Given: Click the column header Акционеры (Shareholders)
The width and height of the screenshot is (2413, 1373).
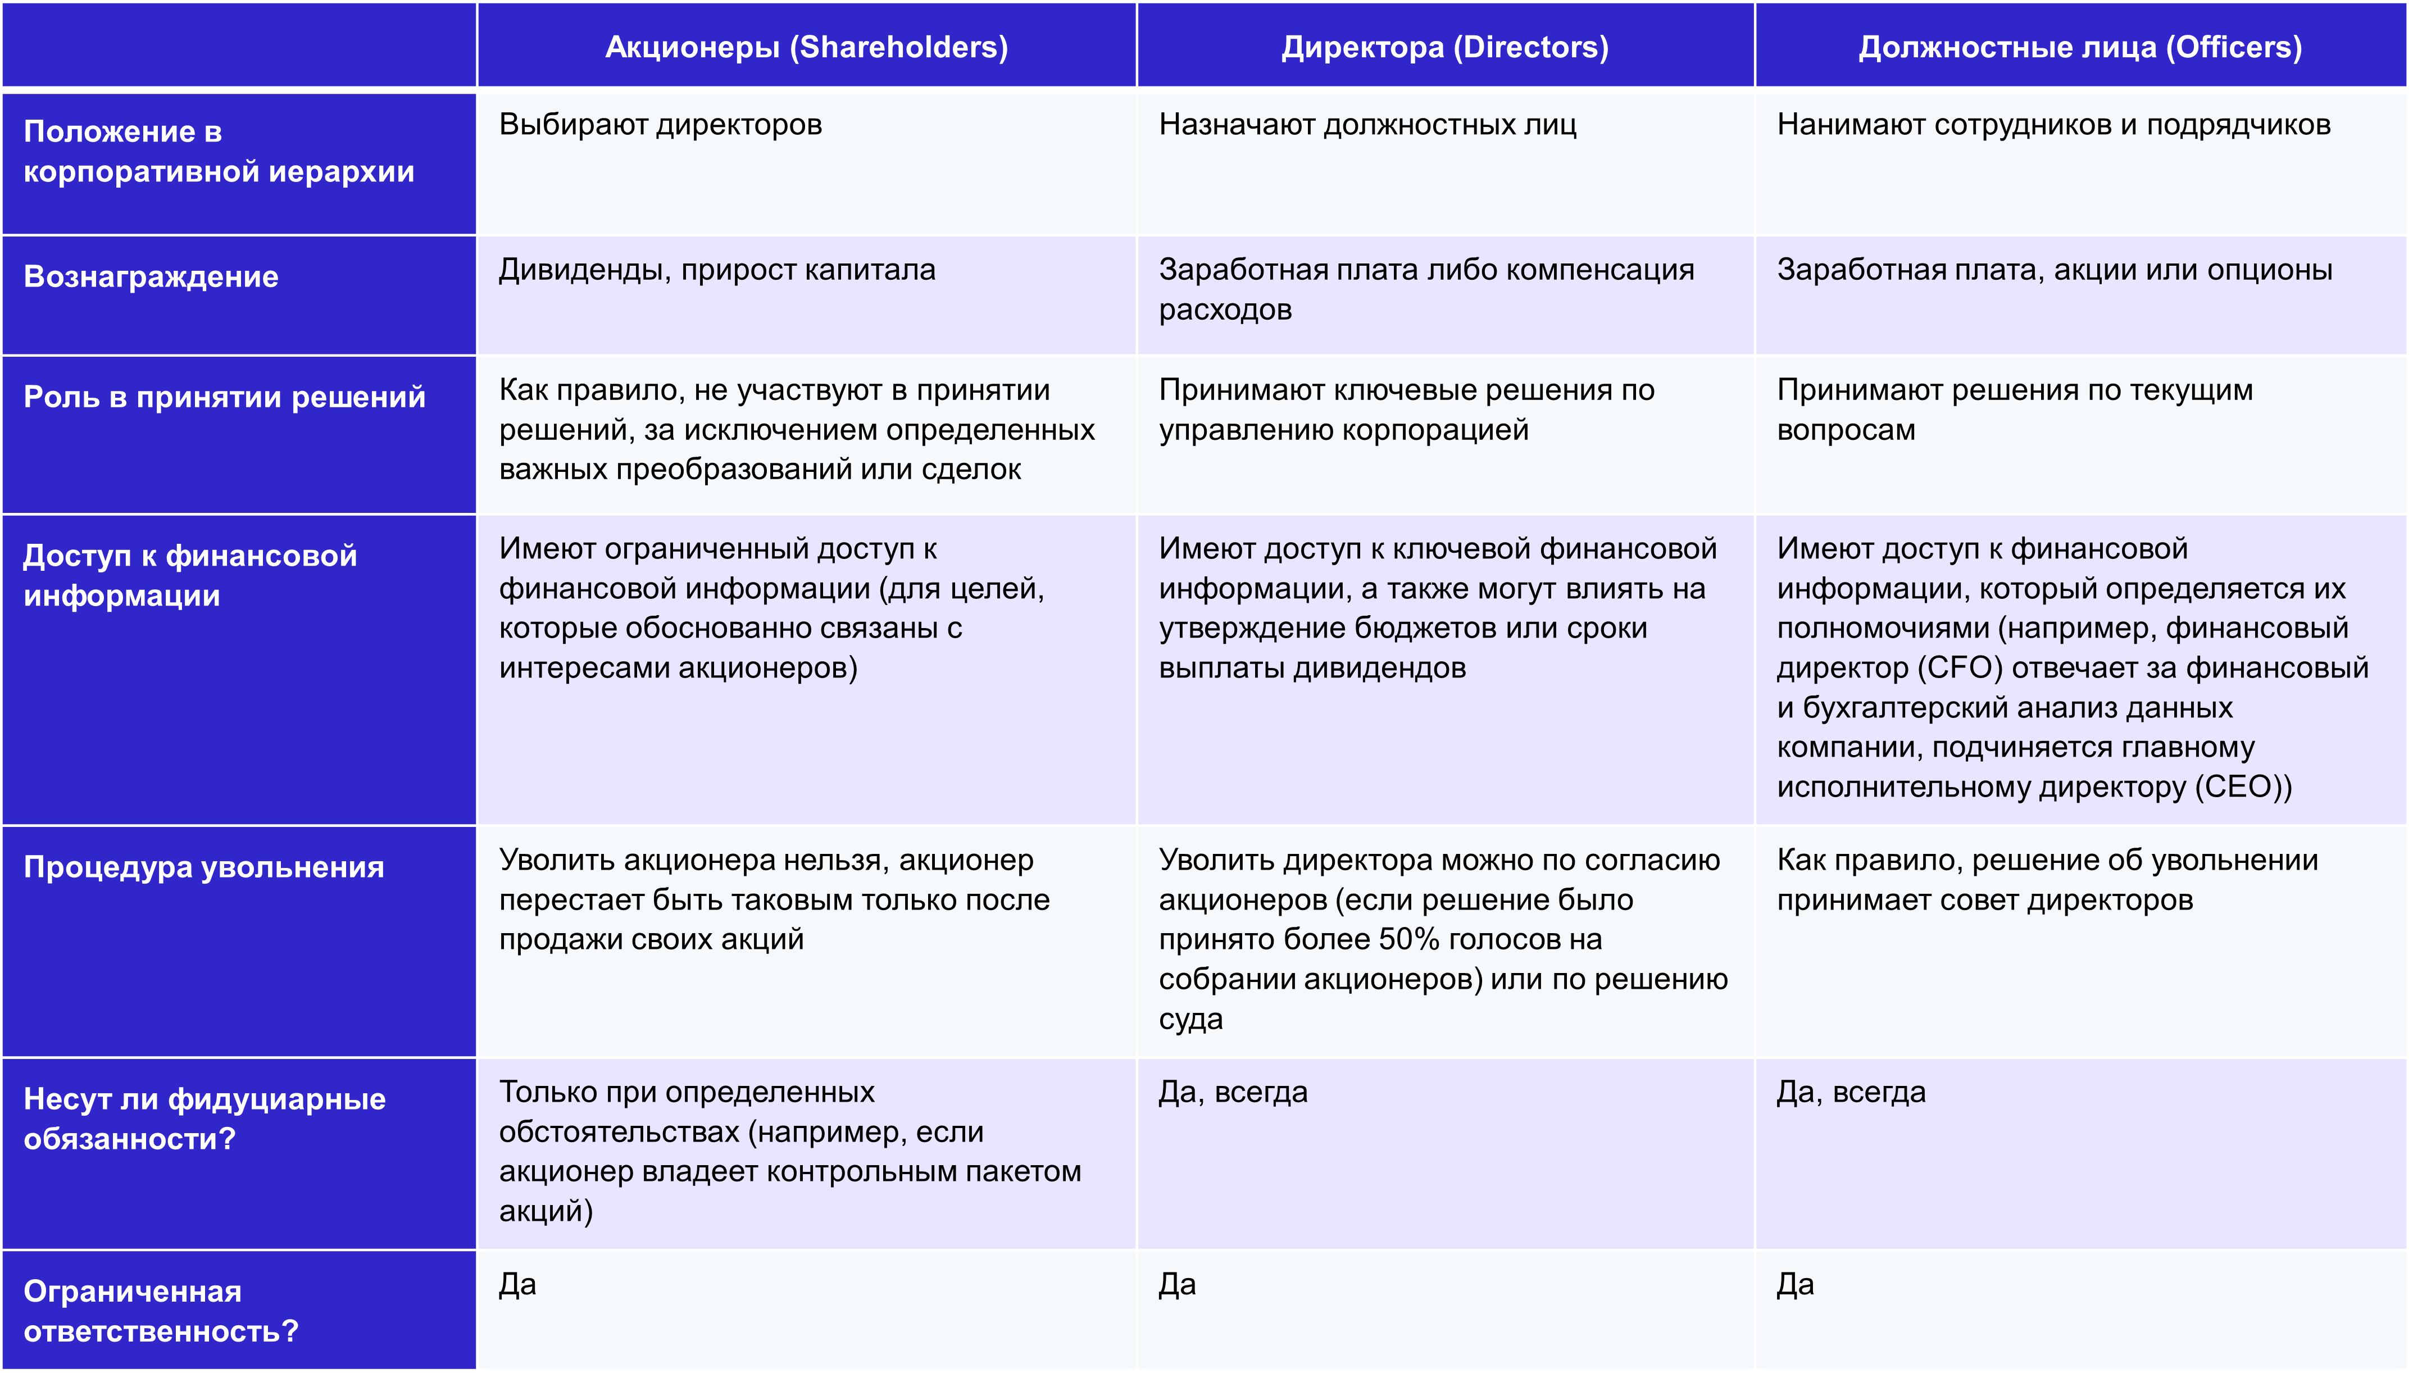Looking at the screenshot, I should [x=806, y=47].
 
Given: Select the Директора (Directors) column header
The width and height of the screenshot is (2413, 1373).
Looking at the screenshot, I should [x=1444, y=47].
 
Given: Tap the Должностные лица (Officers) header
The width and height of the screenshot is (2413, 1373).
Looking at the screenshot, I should [x=2080, y=47].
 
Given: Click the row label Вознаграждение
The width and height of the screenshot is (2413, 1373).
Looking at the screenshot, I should [x=151, y=276].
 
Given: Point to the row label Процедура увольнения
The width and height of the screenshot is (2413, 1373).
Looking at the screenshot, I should [x=204, y=867].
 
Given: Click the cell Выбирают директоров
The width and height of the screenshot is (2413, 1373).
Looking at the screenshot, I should [x=660, y=125].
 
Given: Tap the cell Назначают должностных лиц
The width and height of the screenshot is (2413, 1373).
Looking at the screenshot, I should [x=1367, y=125].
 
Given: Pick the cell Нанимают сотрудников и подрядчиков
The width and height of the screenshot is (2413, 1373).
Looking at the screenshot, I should [x=2054, y=125].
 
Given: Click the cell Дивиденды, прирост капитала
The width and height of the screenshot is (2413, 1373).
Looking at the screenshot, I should [x=717, y=270].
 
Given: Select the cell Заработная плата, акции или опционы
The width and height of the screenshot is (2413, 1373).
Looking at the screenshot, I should [x=2055, y=270].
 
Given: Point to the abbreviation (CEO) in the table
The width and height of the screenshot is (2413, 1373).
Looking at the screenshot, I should [x=2242, y=786].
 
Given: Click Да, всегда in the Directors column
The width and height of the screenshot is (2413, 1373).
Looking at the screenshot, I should [x=1233, y=1092].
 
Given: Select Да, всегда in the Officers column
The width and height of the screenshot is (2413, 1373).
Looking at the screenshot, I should [x=1851, y=1092].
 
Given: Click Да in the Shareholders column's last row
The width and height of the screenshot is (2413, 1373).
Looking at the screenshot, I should [x=517, y=1284].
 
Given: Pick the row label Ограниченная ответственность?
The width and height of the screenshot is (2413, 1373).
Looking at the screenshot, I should [x=160, y=1311].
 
